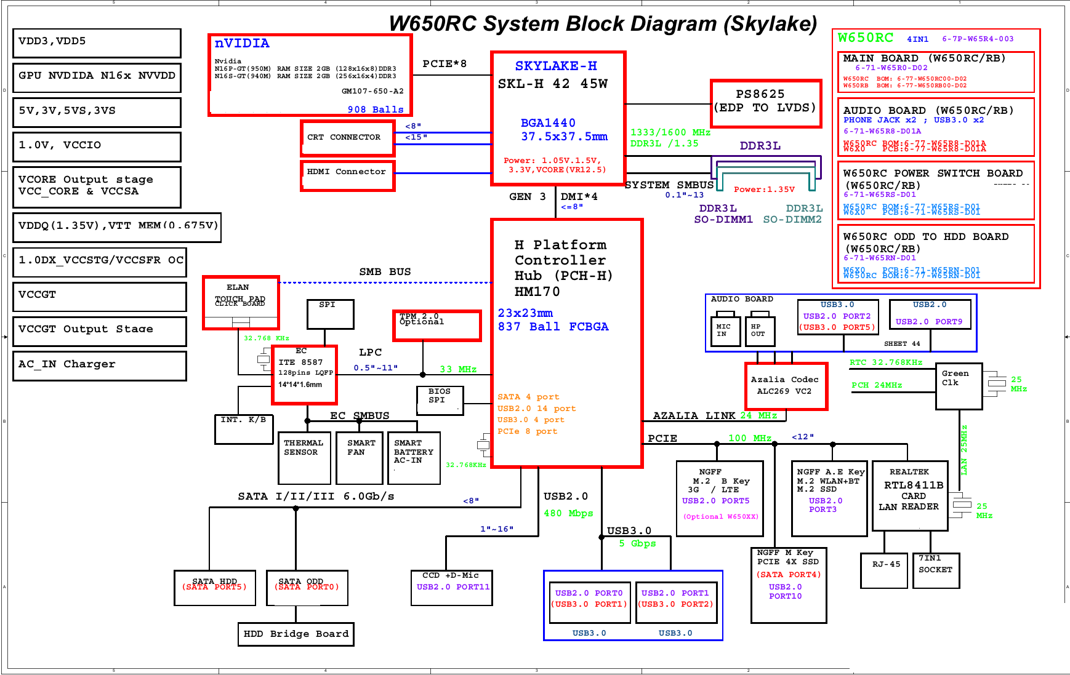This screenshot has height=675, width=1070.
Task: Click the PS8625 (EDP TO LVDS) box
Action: click(x=766, y=103)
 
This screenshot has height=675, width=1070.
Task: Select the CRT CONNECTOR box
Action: click(x=348, y=138)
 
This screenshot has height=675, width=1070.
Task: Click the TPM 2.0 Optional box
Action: click(x=437, y=326)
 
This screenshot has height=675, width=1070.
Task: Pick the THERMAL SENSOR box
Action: click(x=304, y=458)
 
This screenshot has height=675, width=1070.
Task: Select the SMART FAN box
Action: click(x=360, y=458)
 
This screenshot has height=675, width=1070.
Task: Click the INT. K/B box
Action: click(x=244, y=429)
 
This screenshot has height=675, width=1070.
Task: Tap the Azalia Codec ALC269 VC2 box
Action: click(x=786, y=386)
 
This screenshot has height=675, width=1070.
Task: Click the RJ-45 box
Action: click(x=886, y=570)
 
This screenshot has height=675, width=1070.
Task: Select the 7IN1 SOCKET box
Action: click(x=936, y=570)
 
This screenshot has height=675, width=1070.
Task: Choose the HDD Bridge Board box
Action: click(x=296, y=634)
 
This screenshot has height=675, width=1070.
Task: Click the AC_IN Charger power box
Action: click(x=99, y=365)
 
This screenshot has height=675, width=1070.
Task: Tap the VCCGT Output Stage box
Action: click(x=99, y=331)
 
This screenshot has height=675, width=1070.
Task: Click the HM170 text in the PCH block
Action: click(x=537, y=292)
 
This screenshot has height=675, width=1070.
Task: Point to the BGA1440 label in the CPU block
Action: click(x=548, y=123)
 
